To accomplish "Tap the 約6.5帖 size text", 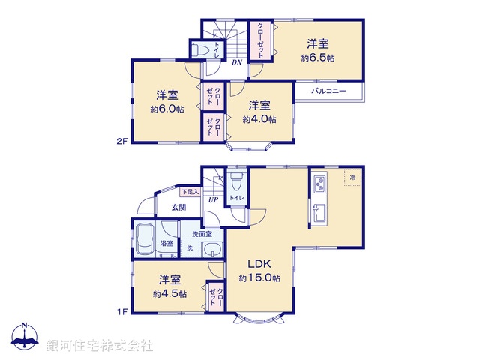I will click(319, 58).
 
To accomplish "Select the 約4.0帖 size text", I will click(260, 118).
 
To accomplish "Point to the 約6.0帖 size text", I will click(167, 108).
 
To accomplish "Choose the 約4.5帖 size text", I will click(168, 294).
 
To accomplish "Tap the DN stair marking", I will click(236, 62).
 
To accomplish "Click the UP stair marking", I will click(213, 200).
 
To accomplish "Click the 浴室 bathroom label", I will click(166, 243).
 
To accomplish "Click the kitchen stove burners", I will click(319, 183).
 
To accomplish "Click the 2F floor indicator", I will click(121, 141).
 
